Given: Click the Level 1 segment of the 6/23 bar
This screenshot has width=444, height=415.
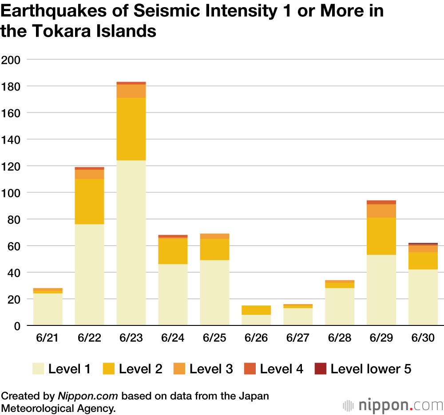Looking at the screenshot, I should coord(131,243).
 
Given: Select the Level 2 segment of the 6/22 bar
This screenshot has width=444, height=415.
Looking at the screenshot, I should coord(89,201).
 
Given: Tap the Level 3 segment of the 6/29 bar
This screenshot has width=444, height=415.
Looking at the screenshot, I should coord(381,211).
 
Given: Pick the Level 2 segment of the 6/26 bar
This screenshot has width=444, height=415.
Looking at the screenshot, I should coord(256,310).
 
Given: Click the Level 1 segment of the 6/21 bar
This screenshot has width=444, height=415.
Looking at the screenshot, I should coord(48,309).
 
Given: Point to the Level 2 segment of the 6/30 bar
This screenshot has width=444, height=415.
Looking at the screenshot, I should coord(423,261).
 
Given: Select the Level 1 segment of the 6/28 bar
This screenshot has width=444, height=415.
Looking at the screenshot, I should coord(340,306).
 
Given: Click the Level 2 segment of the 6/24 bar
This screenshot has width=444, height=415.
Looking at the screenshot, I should coord(173,251).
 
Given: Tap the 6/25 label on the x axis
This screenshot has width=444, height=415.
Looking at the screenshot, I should coord(214,338).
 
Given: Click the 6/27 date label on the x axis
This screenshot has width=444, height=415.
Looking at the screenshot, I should coord(298,338).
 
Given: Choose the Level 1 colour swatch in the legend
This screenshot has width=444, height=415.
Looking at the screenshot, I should coord(38,368).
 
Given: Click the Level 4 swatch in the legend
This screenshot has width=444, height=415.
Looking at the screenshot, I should coord(250,368).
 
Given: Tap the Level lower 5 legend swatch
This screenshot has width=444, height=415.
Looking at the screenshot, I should coord(321,368).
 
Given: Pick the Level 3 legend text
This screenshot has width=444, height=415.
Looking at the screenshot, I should coord(211,368).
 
